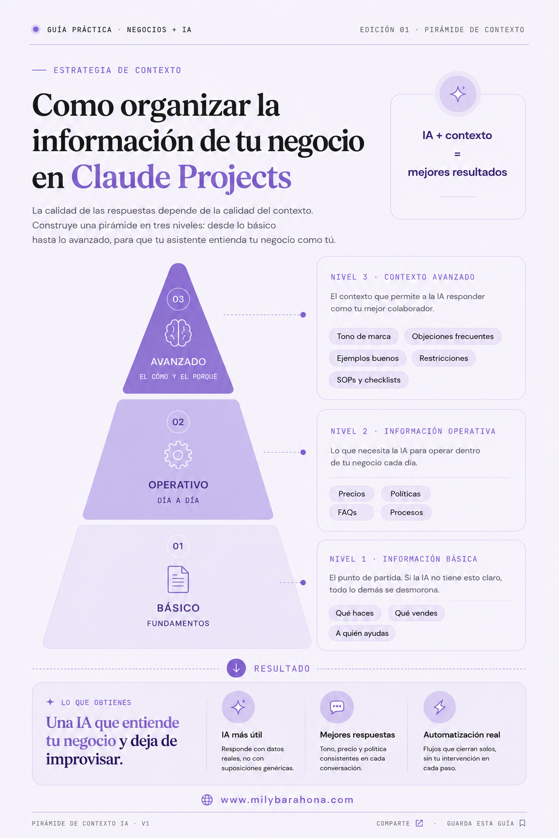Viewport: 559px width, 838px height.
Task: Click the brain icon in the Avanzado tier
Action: [178, 333]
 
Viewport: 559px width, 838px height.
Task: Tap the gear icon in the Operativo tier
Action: [178, 454]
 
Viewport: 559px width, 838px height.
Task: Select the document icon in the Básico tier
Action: [178, 579]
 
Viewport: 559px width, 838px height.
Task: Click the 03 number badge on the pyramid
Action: [178, 299]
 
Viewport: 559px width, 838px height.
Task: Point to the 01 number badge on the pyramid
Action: [178, 546]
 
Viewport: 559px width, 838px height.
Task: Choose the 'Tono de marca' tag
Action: [364, 336]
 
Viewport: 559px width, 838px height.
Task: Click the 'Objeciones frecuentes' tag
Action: [453, 336]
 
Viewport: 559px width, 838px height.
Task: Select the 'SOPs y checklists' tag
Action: [368, 380]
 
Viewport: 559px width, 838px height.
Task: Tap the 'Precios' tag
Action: [352, 493]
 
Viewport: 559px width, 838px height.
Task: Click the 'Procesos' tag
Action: [406, 512]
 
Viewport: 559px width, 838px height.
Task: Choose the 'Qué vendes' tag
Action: [416, 613]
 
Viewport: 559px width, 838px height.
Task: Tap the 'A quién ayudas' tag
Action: [362, 633]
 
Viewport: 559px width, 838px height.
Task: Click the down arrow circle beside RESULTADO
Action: [236, 668]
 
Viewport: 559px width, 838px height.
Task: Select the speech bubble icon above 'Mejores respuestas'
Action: [337, 707]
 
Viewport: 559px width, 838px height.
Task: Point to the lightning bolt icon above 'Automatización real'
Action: [439, 707]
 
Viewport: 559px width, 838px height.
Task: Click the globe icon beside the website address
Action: [207, 799]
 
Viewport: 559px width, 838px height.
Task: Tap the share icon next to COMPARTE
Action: [419, 823]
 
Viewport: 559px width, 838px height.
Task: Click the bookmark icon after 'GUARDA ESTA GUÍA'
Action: [522, 823]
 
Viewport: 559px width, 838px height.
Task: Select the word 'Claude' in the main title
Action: [121, 177]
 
